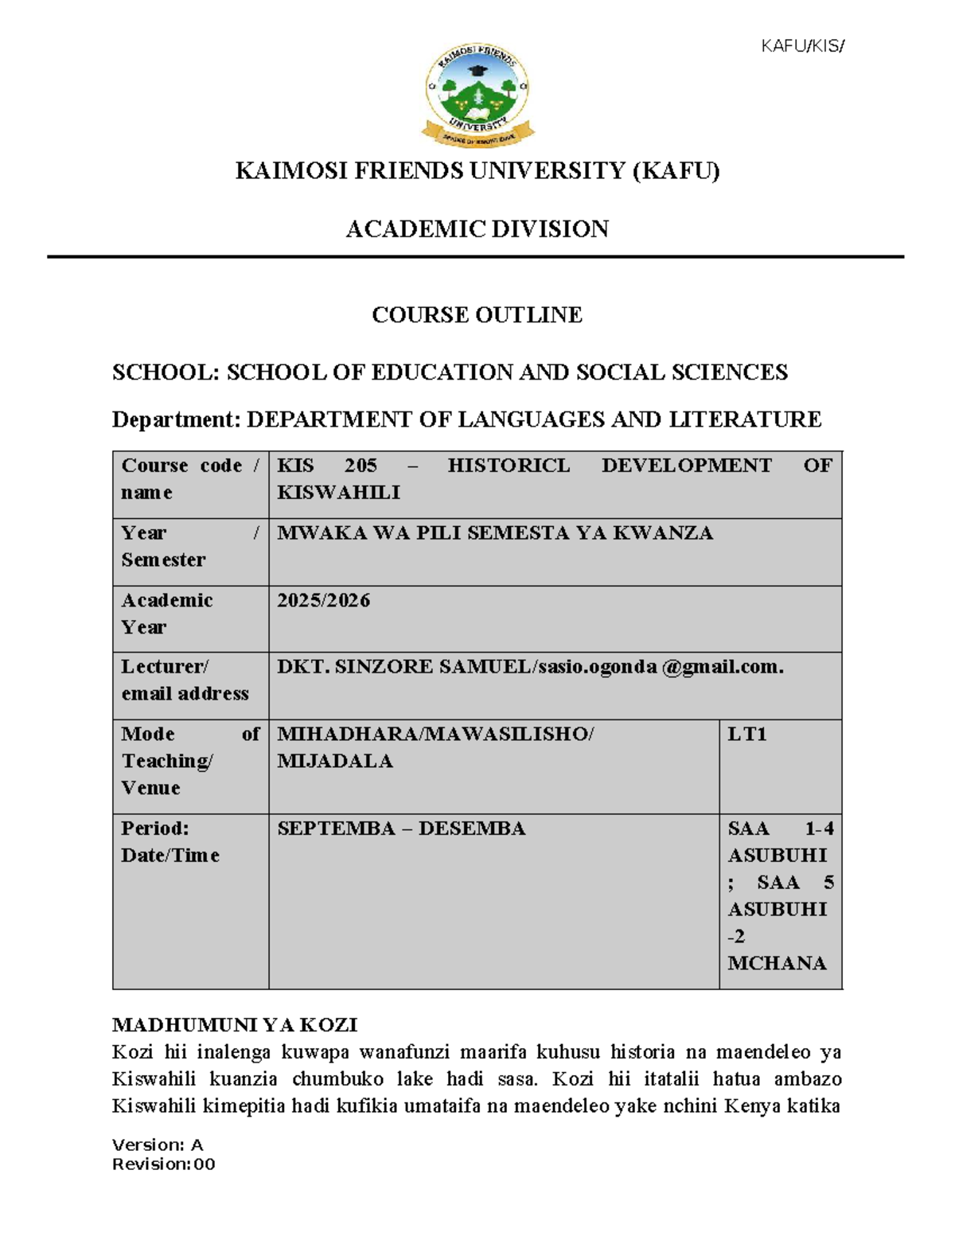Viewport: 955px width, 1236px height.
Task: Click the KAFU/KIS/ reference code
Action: (x=801, y=46)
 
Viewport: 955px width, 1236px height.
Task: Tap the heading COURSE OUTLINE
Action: (x=477, y=315)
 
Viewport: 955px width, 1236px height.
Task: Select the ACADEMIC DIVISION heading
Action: (x=477, y=229)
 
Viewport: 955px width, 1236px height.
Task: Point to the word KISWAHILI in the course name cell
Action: (x=338, y=493)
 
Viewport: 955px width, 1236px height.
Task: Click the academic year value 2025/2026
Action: (x=323, y=600)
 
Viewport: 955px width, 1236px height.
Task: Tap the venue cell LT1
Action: (x=746, y=734)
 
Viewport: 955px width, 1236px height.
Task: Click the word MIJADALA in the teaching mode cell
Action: (x=334, y=761)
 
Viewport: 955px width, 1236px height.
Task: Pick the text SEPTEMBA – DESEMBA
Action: (x=401, y=829)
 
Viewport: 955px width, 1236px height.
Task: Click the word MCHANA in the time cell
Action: (x=777, y=963)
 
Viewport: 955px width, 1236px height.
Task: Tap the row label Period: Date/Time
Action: (x=170, y=842)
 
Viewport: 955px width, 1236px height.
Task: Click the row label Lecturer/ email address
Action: (x=184, y=680)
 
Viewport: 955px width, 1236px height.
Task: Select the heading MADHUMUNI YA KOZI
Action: (x=235, y=1024)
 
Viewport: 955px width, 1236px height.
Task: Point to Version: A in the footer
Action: (x=158, y=1144)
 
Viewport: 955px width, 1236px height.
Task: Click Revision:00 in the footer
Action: (x=163, y=1164)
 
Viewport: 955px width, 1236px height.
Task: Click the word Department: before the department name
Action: (x=176, y=419)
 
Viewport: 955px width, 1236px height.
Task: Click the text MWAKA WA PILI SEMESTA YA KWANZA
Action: (x=494, y=533)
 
